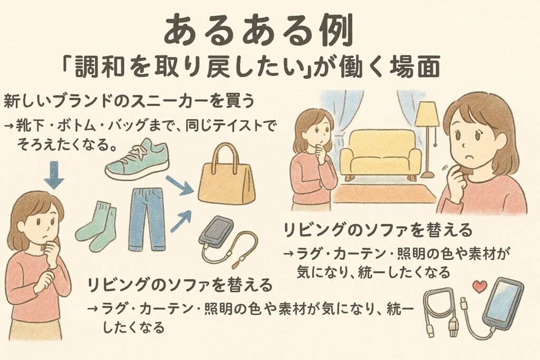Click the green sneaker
point(137,160)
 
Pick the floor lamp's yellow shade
point(427,114)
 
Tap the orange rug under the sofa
point(384,194)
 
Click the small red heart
point(480,286)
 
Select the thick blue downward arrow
point(54,175)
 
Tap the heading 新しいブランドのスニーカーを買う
point(129,101)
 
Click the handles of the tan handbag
point(227,157)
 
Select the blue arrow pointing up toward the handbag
point(181,222)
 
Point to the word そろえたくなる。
point(66,145)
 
